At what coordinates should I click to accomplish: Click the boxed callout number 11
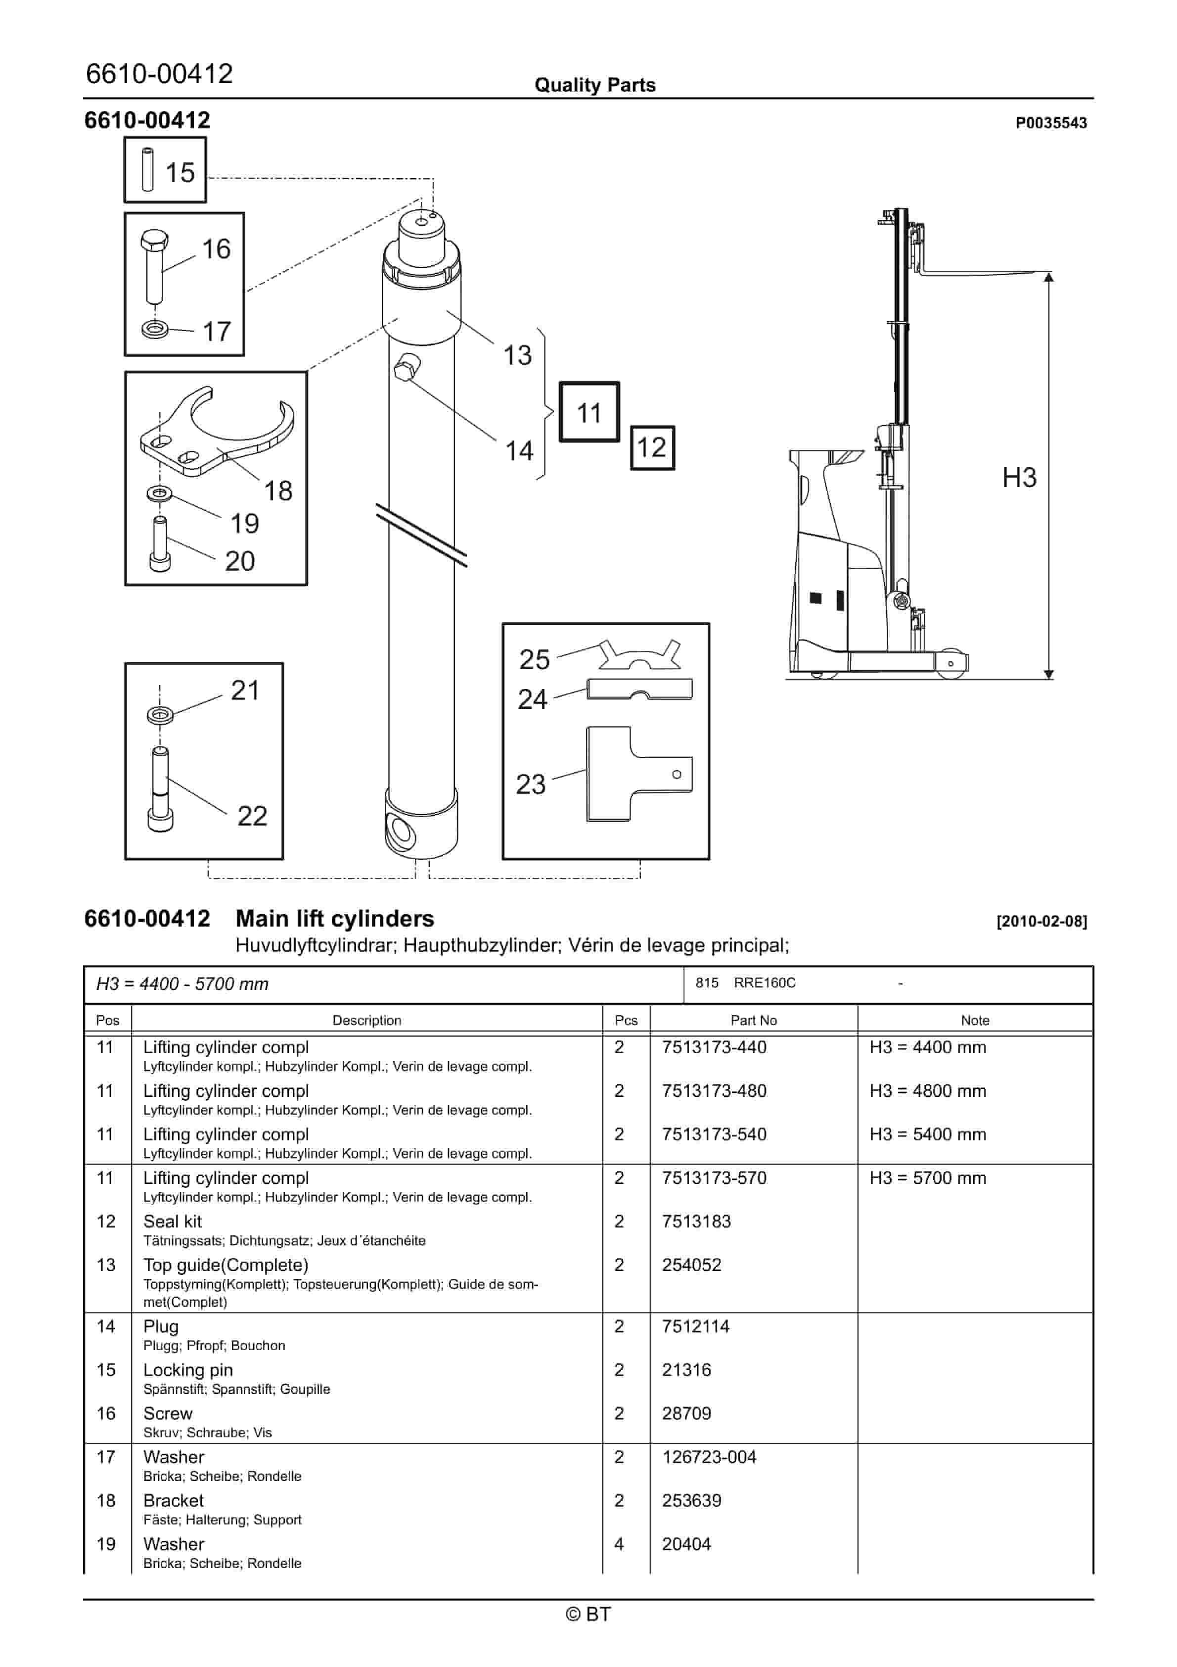point(588,412)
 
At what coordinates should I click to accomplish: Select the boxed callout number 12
point(652,447)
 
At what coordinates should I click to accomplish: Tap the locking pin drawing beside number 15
point(148,170)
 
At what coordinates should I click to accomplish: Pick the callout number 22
point(252,816)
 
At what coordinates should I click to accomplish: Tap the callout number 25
point(534,659)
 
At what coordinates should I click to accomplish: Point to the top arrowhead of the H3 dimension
point(1048,277)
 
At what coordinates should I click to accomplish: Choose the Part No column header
point(753,1020)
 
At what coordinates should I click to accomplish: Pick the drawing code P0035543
point(1050,123)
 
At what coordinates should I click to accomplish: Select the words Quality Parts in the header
point(594,85)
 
